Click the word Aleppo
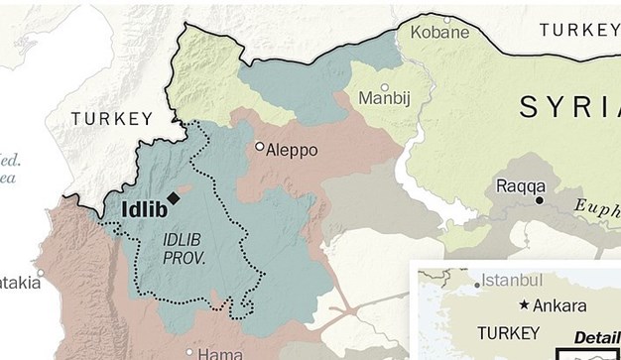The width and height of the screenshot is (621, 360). pos(293,151)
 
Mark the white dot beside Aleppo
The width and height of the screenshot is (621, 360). pos(260,147)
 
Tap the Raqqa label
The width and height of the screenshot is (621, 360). pos(521,185)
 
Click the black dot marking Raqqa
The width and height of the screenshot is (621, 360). pos(540,200)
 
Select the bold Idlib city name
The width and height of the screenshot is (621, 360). pos(142,209)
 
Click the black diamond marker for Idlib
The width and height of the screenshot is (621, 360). pos(174,197)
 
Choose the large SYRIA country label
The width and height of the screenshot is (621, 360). pos(569,106)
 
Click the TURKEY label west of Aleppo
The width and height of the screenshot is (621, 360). pos(112,118)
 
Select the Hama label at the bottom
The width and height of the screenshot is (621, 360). pos(220,353)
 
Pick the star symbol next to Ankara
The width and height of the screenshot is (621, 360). pos(524,305)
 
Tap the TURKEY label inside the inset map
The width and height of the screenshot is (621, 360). pos(509,331)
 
